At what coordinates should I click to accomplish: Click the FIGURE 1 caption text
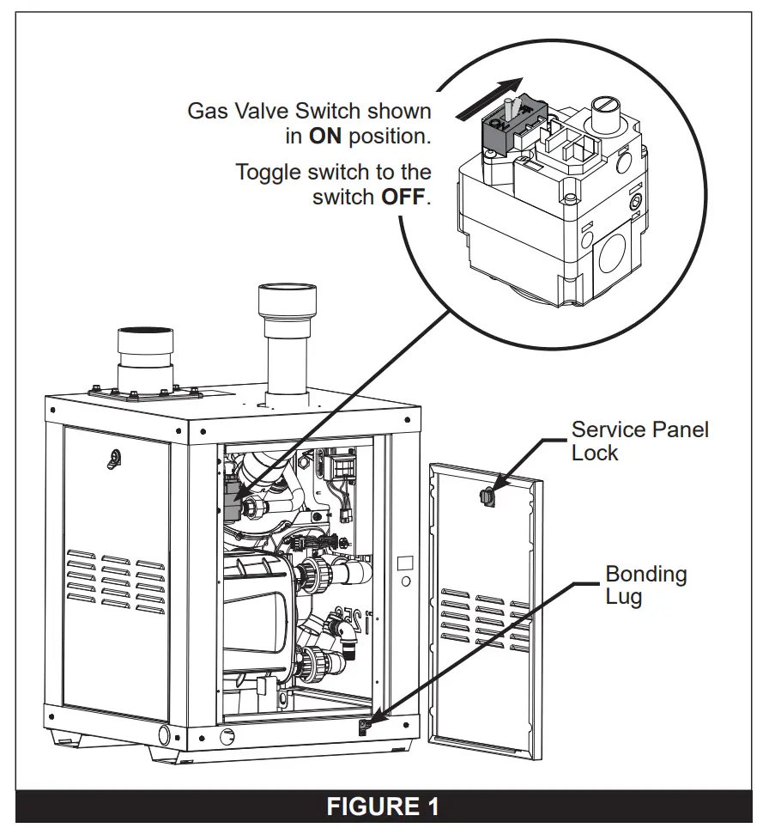[x=384, y=807]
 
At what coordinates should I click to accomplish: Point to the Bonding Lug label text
[x=645, y=584]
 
